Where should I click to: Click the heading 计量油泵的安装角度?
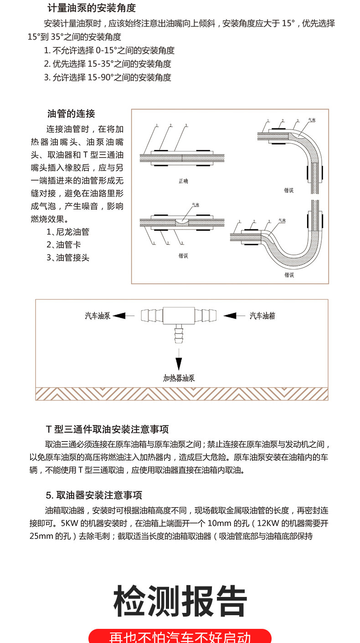click(92, 8)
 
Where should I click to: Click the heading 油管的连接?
click(72, 114)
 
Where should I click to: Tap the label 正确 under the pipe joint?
click(183, 181)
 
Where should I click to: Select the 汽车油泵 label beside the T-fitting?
click(98, 316)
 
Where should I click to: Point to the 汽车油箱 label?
click(262, 316)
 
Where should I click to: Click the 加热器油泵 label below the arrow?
click(179, 378)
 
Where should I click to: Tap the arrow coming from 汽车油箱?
click(234, 316)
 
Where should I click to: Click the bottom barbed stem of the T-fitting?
click(179, 335)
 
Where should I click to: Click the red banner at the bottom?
click(180, 636)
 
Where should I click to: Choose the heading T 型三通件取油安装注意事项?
click(108, 430)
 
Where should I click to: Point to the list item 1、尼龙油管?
click(68, 232)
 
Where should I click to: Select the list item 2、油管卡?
click(63, 245)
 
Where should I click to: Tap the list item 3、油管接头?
click(68, 258)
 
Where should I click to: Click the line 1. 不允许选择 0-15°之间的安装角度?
click(109, 51)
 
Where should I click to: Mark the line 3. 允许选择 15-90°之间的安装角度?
click(108, 78)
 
